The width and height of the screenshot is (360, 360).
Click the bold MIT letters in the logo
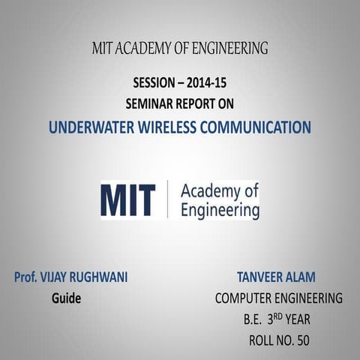[128, 199]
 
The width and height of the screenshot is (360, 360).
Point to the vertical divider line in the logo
[167, 199]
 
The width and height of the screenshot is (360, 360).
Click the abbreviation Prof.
[28, 277]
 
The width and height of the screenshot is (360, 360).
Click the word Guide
[66, 298]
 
